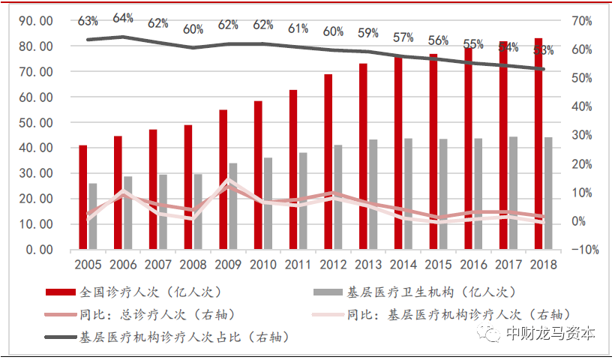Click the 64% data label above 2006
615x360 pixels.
(123, 17)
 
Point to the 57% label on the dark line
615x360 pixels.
(403, 37)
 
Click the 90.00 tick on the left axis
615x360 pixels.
(35, 21)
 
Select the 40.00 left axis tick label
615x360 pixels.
(35, 148)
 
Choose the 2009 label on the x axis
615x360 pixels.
(228, 265)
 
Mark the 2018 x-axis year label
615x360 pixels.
(543, 265)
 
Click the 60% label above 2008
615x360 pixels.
(193, 29)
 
